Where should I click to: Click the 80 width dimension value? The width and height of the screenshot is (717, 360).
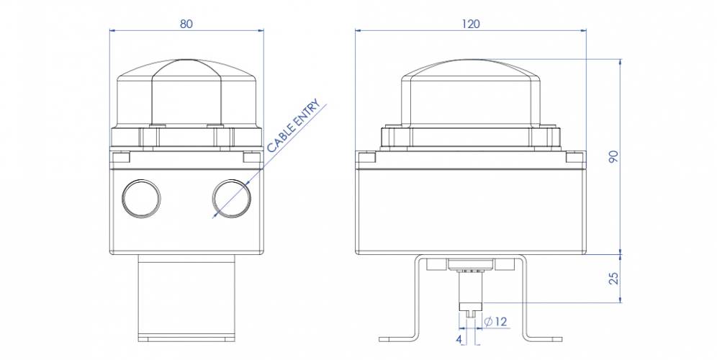[186, 24]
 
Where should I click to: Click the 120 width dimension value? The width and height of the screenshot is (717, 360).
[471, 24]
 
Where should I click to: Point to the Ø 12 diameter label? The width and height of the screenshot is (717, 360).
[497, 321]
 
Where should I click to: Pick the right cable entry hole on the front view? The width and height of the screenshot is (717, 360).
[231, 196]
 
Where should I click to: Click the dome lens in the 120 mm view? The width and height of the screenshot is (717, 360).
[472, 86]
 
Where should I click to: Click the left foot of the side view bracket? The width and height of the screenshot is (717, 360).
[396, 337]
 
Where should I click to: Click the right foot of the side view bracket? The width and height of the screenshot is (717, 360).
[546, 337]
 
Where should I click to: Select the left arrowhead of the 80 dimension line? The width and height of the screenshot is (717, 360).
[112, 30]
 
